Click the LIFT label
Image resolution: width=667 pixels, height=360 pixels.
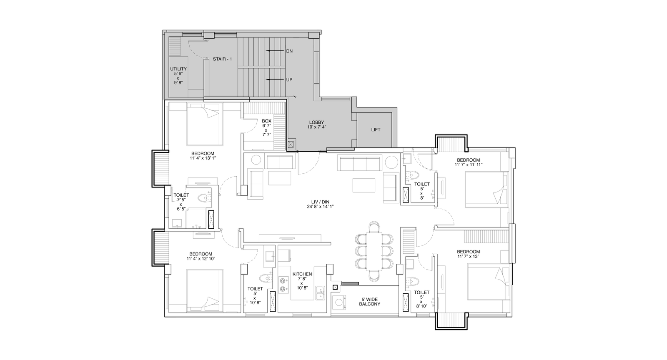tap(376, 130)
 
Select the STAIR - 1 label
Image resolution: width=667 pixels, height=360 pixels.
tap(222, 59)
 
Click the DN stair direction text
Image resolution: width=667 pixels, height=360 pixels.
tap(289, 51)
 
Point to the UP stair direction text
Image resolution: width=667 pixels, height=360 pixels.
tap(289, 80)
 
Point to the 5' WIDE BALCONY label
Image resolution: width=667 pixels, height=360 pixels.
tap(369, 302)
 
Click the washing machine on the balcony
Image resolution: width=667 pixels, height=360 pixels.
tap(339, 302)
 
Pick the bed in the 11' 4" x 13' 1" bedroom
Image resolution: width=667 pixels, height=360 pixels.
tap(205, 124)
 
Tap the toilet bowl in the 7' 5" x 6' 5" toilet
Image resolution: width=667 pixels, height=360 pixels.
tap(204, 197)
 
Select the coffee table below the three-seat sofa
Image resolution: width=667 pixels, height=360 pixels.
tap(364, 185)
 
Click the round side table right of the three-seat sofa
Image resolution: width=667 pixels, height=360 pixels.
tap(391, 162)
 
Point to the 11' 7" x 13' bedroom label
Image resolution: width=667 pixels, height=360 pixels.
tap(469, 254)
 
